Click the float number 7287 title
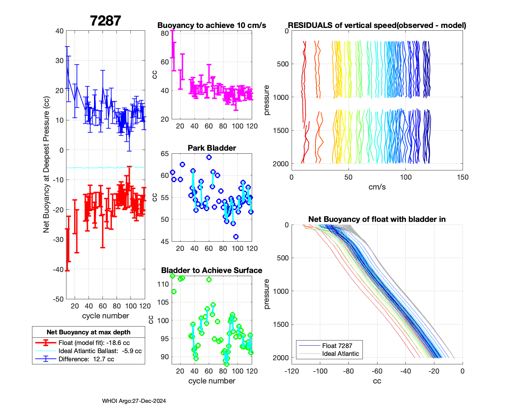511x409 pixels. pos(105,21)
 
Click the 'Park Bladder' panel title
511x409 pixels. pos(212,148)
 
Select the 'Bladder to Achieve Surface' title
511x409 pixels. pos(212,270)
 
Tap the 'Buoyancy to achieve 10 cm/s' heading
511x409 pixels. pos(212,25)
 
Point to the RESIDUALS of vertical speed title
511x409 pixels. pos(377,25)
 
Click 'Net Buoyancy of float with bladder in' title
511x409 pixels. pos(377,219)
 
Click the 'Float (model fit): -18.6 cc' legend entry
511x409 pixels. pos(94,343)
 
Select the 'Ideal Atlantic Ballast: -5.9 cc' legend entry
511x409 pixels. pos(100,351)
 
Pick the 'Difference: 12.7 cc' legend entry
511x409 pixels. pos(86,359)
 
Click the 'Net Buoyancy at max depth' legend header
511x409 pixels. pos(89,332)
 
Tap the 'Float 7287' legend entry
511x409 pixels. pos(337,346)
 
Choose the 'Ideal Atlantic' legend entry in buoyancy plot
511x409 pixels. pos(340,354)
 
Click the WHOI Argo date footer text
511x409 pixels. pos(134,401)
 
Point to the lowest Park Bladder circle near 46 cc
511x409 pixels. pos(236,237)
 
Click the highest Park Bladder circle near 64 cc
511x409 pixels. pos(209,157)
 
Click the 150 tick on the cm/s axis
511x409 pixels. pos(463,177)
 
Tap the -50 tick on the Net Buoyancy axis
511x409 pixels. pos(59,299)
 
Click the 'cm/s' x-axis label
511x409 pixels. pos(377,187)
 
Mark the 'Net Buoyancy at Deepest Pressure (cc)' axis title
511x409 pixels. pos(46,165)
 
